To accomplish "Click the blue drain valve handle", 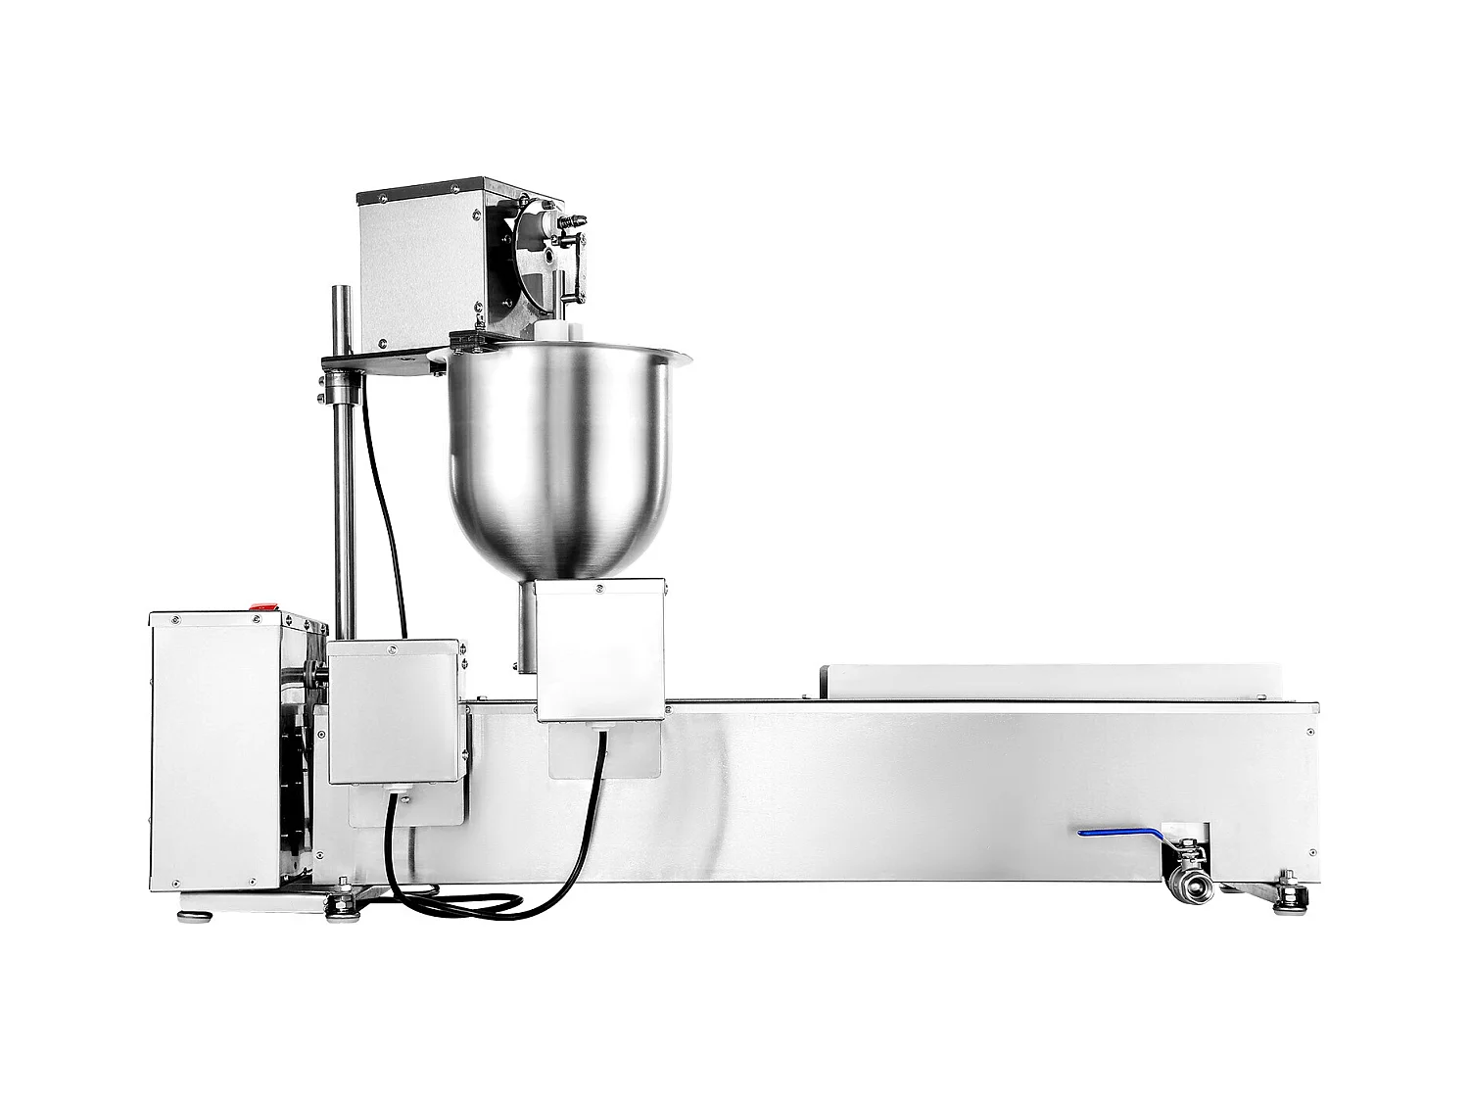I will (x=1116, y=835).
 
